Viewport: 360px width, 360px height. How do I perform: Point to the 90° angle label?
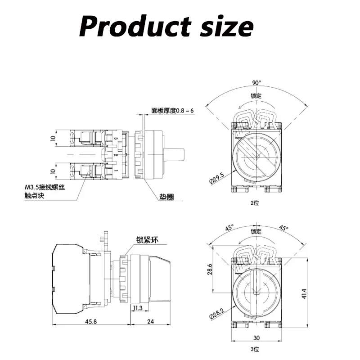256,83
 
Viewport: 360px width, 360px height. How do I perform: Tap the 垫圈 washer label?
166,197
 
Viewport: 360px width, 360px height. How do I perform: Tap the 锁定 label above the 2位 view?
256,96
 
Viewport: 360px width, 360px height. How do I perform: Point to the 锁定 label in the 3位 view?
256,231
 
